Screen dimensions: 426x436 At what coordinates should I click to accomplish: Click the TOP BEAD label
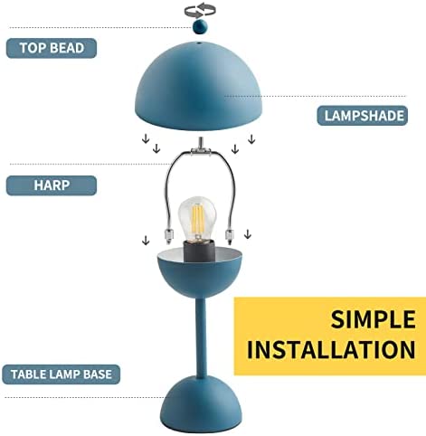coord(52,48)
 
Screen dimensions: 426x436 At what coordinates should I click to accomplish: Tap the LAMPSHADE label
coord(363,116)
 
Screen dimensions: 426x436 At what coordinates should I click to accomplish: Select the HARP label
coord(52,185)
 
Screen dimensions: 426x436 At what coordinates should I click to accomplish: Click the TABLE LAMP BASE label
coord(62,374)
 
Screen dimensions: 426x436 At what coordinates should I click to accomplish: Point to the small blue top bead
coord(200,26)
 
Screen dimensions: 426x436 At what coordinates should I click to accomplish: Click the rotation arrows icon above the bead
coord(200,10)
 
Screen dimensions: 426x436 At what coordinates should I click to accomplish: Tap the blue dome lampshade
coord(199,86)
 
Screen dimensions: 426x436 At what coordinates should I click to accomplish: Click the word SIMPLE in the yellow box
coord(374,319)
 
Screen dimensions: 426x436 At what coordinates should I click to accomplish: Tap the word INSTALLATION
coord(331,350)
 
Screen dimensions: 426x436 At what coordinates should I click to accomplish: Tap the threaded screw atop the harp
coord(200,143)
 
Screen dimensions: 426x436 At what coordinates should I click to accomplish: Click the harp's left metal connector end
coord(168,237)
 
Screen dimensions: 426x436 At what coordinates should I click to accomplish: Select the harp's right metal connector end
coord(230,237)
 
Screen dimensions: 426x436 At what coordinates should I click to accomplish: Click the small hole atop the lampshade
coord(199,43)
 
